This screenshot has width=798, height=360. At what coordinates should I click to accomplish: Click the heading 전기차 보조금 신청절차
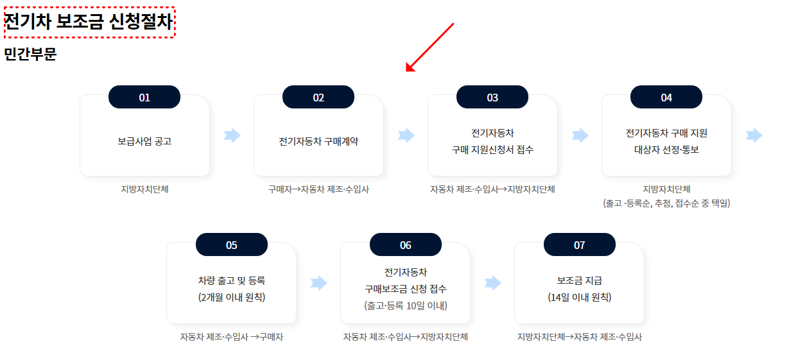(x=89, y=22)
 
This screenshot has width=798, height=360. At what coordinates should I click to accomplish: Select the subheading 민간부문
(x=31, y=55)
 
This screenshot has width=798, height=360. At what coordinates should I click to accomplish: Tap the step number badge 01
(x=144, y=98)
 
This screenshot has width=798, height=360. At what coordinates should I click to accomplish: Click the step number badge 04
(x=666, y=98)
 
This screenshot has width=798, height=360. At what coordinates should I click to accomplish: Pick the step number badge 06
(x=406, y=245)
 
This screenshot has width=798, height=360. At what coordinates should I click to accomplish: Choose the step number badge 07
(x=580, y=245)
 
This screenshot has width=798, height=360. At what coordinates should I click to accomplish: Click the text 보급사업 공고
(x=144, y=142)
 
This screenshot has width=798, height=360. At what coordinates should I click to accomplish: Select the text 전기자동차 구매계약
(x=318, y=142)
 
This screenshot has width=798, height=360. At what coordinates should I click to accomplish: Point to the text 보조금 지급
(x=580, y=280)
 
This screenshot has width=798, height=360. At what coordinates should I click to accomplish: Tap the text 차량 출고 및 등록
(x=232, y=280)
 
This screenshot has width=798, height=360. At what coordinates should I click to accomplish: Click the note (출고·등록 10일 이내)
(x=406, y=305)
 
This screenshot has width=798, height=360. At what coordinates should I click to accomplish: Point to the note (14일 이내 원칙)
(x=580, y=297)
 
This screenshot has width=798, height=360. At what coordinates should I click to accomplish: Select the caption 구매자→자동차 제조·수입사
(x=318, y=189)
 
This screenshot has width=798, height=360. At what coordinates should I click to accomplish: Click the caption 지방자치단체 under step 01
(x=144, y=189)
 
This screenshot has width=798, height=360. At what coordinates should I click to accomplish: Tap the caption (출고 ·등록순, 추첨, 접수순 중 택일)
(x=666, y=203)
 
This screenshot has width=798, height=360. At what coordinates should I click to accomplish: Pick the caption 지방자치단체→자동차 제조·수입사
(x=580, y=337)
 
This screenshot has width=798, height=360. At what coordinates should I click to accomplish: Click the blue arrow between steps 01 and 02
(x=232, y=135)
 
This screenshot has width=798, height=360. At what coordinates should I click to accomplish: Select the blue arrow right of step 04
(x=754, y=135)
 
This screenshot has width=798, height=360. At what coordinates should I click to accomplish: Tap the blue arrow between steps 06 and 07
(x=493, y=283)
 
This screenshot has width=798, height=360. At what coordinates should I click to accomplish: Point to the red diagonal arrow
(x=430, y=47)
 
